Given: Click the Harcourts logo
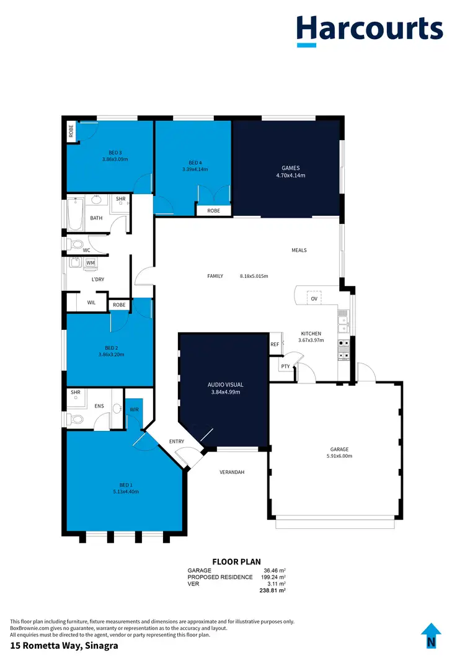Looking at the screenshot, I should (x=369, y=31).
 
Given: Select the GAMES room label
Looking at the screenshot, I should (x=290, y=167).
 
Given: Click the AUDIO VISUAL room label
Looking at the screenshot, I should (x=224, y=385).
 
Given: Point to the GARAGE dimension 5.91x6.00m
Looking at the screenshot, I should (x=339, y=456).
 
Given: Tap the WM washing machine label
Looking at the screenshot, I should (x=91, y=264).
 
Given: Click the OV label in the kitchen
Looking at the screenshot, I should (x=314, y=299).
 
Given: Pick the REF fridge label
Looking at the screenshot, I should (x=275, y=344).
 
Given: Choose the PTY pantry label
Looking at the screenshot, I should (x=286, y=366).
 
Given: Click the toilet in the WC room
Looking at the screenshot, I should (x=76, y=244).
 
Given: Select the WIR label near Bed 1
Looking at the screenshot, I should (x=134, y=409).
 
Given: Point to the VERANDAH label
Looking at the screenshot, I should (x=232, y=472).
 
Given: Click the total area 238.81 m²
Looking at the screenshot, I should (x=272, y=591).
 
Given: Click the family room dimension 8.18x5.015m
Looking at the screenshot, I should (x=254, y=276).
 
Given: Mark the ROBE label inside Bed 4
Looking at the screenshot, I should (x=213, y=211).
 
